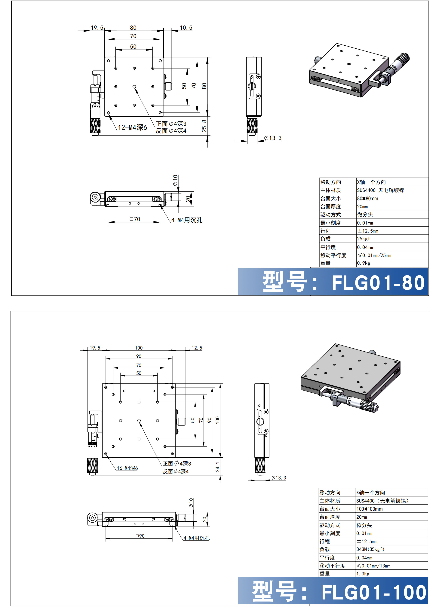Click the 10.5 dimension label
pos(186,28)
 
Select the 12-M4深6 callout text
pos(132,127)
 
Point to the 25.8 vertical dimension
pos(204,126)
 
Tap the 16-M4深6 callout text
pos(127,468)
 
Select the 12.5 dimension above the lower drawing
pos(197,348)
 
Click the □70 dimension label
pos(135,219)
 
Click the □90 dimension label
pos(140,536)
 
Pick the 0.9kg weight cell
pos(364,263)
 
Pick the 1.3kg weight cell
pos(363,574)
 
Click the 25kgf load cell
pos(364,239)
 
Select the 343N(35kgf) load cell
pos(370,549)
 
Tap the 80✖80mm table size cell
pos(368,199)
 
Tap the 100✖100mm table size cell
pos(370,509)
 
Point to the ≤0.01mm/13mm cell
pos(374,566)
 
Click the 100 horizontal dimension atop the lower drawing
pos(139,348)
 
